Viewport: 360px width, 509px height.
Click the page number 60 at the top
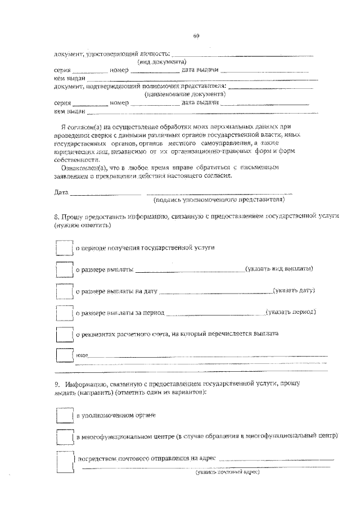pos(196,37)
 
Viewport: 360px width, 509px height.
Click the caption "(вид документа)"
pos(163,62)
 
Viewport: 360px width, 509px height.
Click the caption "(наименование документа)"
pos(177,94)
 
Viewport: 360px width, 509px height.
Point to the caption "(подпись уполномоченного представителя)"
pos(219,200)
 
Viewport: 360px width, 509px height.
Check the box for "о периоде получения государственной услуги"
pos(65,247)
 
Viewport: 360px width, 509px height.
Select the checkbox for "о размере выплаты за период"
pos(65,312)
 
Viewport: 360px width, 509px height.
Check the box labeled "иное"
pos(65,355)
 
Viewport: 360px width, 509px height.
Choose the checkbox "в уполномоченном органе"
pos(65,415)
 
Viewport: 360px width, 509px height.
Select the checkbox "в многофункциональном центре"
pos(65,436)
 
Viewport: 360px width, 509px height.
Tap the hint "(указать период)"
pos(291,312)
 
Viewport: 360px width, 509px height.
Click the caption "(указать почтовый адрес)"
pos(227,472)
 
